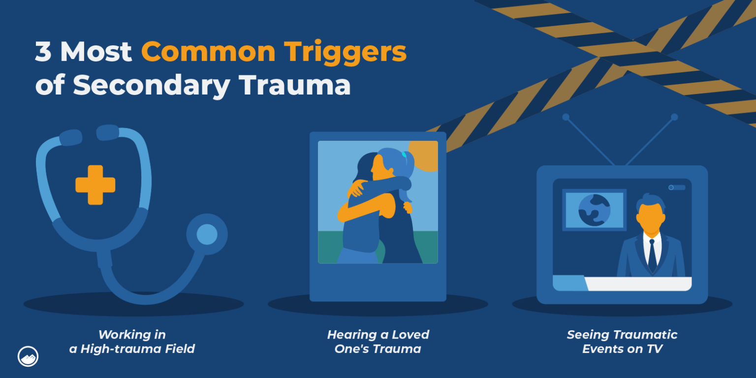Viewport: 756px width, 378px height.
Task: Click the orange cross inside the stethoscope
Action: pos(95,185)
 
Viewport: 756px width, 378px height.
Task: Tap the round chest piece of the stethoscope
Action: pos(207,234)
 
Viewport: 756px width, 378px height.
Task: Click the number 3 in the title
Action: pos(43,52)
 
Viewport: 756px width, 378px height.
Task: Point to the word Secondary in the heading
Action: pos(152,85)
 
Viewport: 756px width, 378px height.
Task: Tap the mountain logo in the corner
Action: pos(28,356)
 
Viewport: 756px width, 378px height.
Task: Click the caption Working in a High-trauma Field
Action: pos(132,342)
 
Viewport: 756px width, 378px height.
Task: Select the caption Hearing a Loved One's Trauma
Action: pos(378,342)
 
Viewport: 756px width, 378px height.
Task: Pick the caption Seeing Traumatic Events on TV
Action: pos(622,342)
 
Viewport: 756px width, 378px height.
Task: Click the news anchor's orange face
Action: pos(651,219)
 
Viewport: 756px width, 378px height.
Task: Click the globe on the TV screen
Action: pos(594,210)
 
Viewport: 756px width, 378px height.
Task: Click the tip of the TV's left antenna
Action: pos(566,117)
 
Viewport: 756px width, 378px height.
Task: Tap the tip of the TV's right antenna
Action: pos(674,117)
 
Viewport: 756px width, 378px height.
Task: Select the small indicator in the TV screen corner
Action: pos(677,188)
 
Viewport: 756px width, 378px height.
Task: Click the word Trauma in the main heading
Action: pos(295,85)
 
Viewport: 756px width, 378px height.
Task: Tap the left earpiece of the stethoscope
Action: pos(70,137)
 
